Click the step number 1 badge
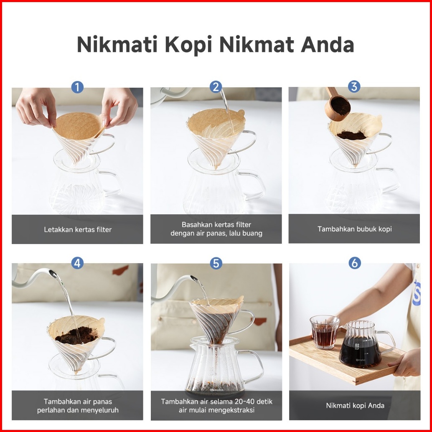(77, 87)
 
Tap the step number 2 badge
(216, 87)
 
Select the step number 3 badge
(354, 86)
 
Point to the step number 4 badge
(77, 263)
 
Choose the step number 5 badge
(216, 263)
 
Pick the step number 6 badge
(355, 263)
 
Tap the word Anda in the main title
(327, 44)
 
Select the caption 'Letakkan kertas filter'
(78, 229)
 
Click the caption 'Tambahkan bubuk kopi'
(355, 229)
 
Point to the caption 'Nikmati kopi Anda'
(355, 406)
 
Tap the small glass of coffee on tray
(325, 332)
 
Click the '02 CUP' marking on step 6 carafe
(357, 347)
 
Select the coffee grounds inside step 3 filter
(351, 135)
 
